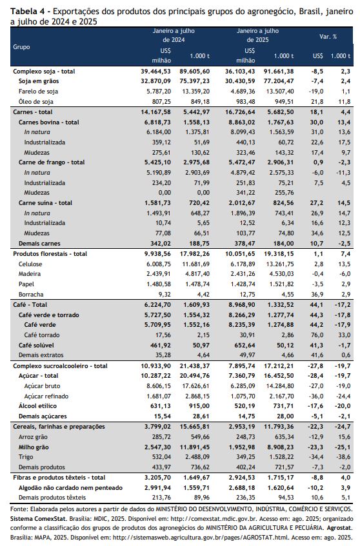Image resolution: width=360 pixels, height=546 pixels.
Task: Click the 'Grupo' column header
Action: [21, 46]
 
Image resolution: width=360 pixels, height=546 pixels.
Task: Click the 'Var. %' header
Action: [328, 37]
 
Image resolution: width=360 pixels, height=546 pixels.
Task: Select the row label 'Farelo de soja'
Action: [38, 92]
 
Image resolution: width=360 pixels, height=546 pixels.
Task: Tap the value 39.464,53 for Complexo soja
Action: [155, 71]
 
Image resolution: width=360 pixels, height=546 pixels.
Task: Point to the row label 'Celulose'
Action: [30, 264]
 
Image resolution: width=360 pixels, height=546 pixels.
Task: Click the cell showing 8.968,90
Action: [240, 305]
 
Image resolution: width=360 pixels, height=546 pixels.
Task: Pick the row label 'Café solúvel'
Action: [36, 345]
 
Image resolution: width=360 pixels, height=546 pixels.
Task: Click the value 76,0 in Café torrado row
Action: [317, 335]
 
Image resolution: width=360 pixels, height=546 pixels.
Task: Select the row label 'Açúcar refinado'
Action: [46, 396]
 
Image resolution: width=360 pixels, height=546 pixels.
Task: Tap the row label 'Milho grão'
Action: [34, 447]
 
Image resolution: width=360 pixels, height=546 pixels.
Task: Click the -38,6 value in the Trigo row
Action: [344, 457]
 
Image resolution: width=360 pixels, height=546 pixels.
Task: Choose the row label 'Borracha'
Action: [31, 294]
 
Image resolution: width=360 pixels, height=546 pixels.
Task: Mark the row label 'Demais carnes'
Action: [39, 244]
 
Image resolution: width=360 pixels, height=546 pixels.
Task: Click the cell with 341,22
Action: [245, 193]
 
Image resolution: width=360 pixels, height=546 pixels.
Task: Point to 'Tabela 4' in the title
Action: [27, 12]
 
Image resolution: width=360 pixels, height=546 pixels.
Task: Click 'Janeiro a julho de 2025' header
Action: [258, 35]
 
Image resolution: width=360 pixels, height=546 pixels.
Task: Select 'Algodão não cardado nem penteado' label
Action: [70, 488]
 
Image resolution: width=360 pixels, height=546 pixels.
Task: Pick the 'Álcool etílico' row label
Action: [37, 406]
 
